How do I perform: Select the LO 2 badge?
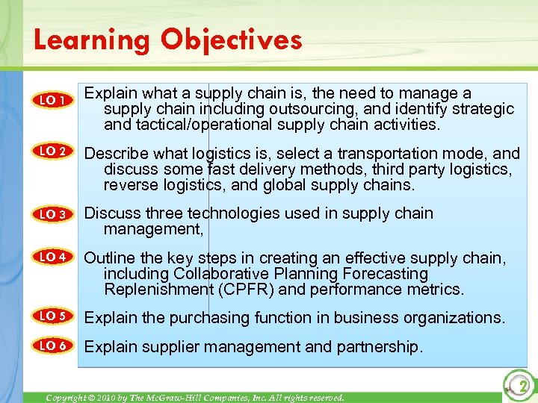point(54,152)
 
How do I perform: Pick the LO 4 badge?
point(54,257)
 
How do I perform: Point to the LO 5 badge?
point(54,316)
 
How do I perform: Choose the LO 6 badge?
point(54,346)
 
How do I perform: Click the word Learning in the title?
point(90,40)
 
